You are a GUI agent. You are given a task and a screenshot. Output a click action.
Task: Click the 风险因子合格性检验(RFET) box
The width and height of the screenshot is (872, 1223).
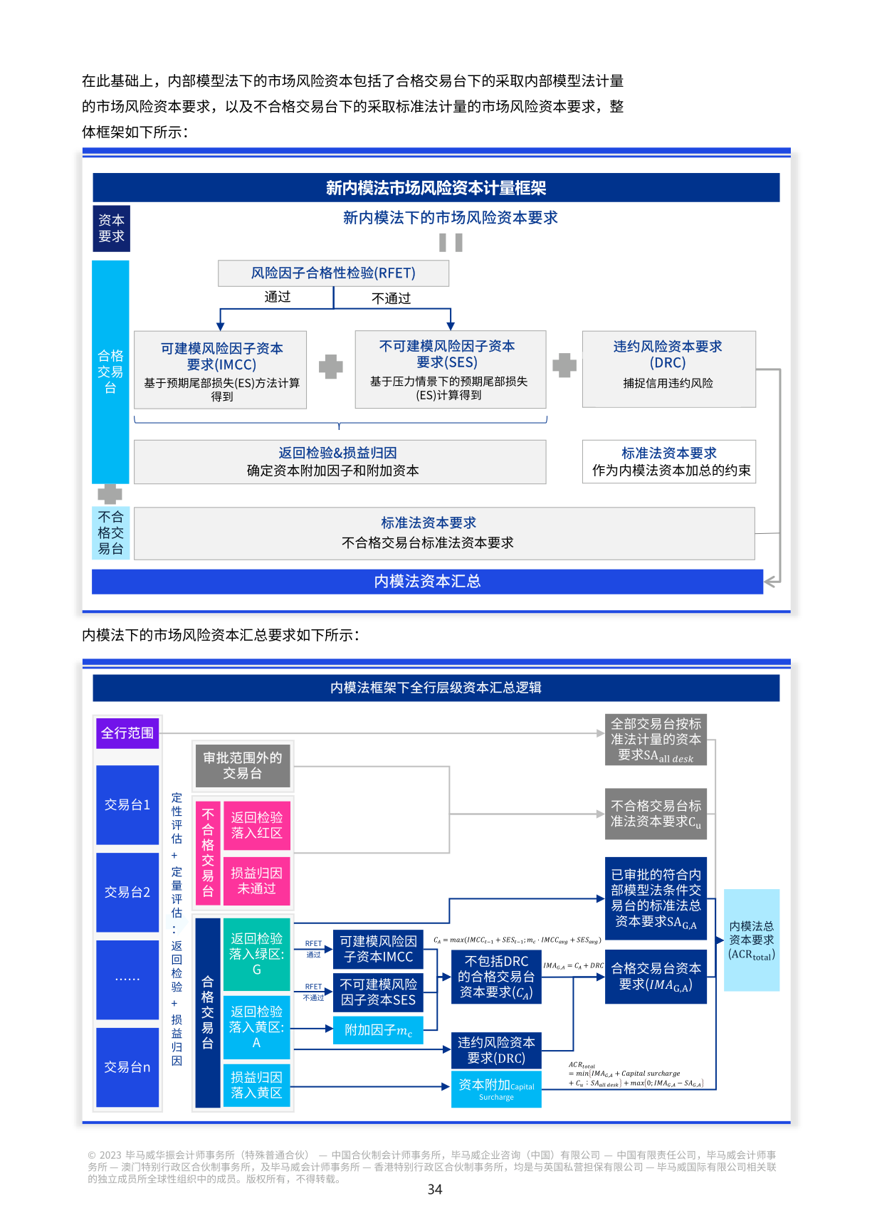(x=333, y=273)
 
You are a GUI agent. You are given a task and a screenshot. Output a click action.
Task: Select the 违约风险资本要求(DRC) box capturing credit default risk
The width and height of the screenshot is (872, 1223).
(x=668, y=368)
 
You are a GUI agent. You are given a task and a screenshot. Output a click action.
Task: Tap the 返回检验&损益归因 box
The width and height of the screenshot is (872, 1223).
(x=339, y=461)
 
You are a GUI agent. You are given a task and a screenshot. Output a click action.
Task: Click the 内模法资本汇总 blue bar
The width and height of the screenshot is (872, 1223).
(x=427, y=582)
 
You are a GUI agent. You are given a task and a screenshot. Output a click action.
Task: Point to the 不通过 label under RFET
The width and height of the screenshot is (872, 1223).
(x=391, y=298)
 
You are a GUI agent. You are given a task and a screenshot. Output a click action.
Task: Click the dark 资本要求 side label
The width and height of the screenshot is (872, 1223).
(x=111, y=229)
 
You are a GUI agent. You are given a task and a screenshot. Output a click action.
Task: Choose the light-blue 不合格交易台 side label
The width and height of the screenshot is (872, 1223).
(x=111, y=532)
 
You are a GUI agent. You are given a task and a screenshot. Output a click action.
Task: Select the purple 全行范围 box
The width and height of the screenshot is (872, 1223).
(x=127, y=733)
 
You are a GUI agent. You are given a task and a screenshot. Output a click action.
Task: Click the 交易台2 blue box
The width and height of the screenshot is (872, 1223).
(x=127, y=892)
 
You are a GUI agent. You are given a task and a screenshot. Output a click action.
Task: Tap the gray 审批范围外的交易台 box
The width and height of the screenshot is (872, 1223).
(x=242, y=765)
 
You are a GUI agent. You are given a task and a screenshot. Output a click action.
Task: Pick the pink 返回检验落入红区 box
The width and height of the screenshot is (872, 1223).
(x=256, y=825)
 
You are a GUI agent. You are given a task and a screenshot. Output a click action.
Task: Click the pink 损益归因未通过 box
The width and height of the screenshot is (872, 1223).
(x=256, y=881)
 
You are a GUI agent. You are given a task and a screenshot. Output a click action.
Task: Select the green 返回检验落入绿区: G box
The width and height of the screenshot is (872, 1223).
(x=256, y=954)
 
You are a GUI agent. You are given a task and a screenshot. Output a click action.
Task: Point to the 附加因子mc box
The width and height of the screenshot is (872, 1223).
(x=378, y=1030)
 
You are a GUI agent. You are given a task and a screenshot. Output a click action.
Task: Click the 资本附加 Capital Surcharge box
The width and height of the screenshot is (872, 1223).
(x=496, y=1089)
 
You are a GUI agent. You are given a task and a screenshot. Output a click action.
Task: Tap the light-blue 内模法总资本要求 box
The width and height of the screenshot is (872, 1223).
(x=751, y=940)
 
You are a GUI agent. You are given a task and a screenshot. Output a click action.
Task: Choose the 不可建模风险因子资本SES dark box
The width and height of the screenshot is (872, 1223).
(x=378, y=992)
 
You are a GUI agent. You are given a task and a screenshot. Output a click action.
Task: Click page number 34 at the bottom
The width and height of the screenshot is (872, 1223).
(x=435, y=1190)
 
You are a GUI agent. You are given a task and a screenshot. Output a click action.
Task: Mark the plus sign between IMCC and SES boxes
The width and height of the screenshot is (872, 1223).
(x=330, y=367)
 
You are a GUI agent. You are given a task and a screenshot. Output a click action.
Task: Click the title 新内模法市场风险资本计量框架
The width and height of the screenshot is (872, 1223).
(x=436, y=188)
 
